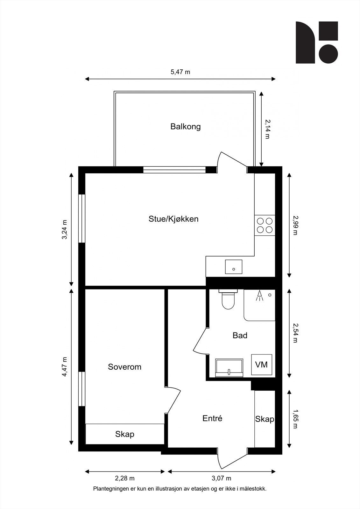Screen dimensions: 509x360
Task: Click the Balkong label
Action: point(185,127)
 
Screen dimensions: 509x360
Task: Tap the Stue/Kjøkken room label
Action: point(173,219)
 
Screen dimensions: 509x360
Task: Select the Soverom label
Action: point(124,367)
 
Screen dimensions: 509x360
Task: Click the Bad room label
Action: point(240,335)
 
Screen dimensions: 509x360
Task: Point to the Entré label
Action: point(212,418)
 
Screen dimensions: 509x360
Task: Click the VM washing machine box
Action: point(262,365)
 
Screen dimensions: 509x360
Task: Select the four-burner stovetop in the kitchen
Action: point(265,225)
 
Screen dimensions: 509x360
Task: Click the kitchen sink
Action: point(234,267)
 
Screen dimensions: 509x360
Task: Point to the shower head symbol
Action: point(260,296)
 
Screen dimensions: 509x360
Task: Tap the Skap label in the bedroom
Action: point(124,434)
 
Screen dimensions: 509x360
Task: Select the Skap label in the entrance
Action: point(265,419)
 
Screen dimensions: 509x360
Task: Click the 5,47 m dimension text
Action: point(180,72)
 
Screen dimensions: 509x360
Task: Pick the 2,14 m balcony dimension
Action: point(267,129)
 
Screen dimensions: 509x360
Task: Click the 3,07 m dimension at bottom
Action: point(222,478)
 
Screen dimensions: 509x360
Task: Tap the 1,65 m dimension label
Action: point(294,419)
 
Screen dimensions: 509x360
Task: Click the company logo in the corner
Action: point(316,42)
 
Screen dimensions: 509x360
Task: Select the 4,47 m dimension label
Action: point(65,367)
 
